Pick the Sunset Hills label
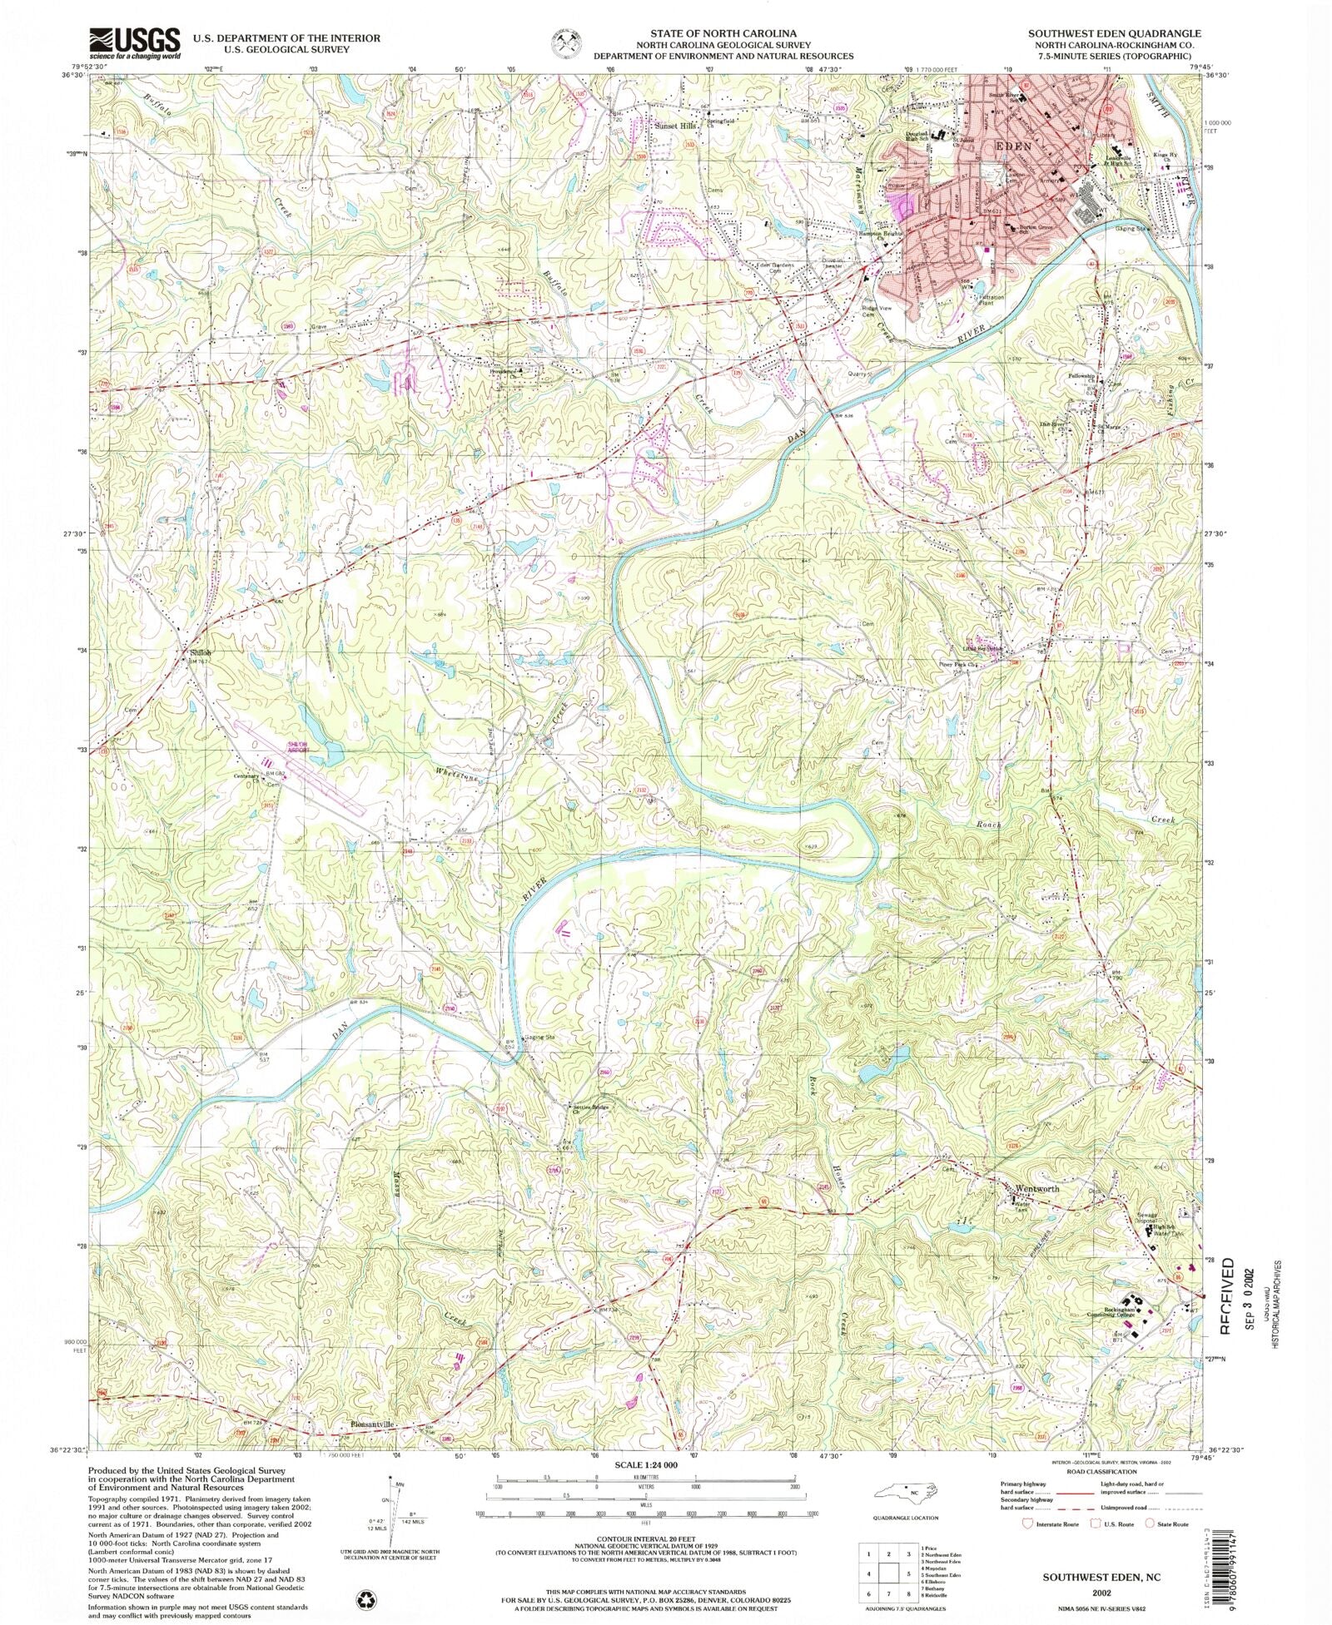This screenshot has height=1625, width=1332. [x=673, y=126]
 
